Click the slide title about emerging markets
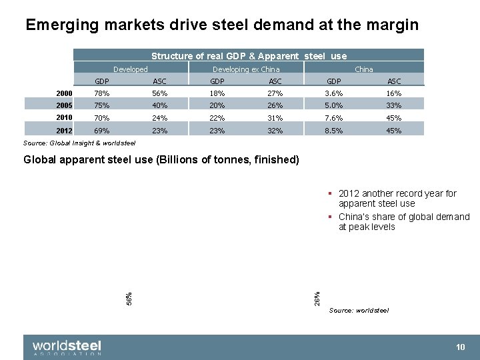coord(221,25)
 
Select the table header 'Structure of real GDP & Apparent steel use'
coord(249,56)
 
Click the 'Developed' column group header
coord(130,69)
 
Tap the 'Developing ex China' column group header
coord(246,69)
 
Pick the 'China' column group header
coord(363,69)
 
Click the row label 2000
coord(64,93)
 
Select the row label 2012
coord(64,131)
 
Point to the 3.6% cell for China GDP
coord(333,93)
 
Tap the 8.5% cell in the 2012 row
coord(333,131)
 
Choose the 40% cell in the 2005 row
coord(159,106)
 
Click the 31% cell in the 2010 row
coord(275,119)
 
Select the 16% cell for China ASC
coord(394,93)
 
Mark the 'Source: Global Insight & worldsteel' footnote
coord(79,143)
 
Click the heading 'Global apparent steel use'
coord(161,160)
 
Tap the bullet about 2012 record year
coord(397,199)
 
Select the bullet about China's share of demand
coord(403,222)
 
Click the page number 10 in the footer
coord(460,347)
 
